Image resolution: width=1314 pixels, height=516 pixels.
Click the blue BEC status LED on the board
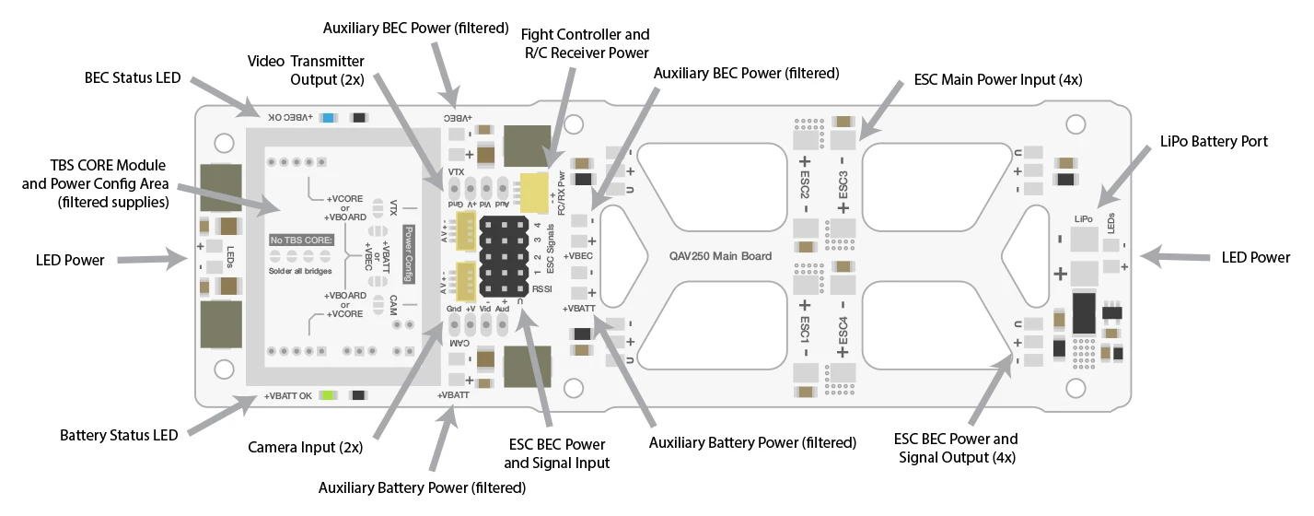pyautogui.click(x=329, y=118)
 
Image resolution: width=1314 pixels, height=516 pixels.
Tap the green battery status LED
pyautogui.click(x=326, y=395)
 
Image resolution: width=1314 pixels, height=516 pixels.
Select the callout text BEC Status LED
pyautogui.click(x=133, y=77)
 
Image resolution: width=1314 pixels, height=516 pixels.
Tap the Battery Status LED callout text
pyautogui.click(x=119, y=435)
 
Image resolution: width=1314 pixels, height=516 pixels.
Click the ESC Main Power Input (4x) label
pyautogui.click(x=998, y=79)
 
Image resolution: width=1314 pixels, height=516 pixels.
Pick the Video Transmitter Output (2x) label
pyautogui.click(x=306, y=70)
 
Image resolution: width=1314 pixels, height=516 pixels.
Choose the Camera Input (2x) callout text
pyautogui.click(x=306, y=448)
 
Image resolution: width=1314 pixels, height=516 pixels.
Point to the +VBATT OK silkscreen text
pyautogui.click(x=288, y=396)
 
